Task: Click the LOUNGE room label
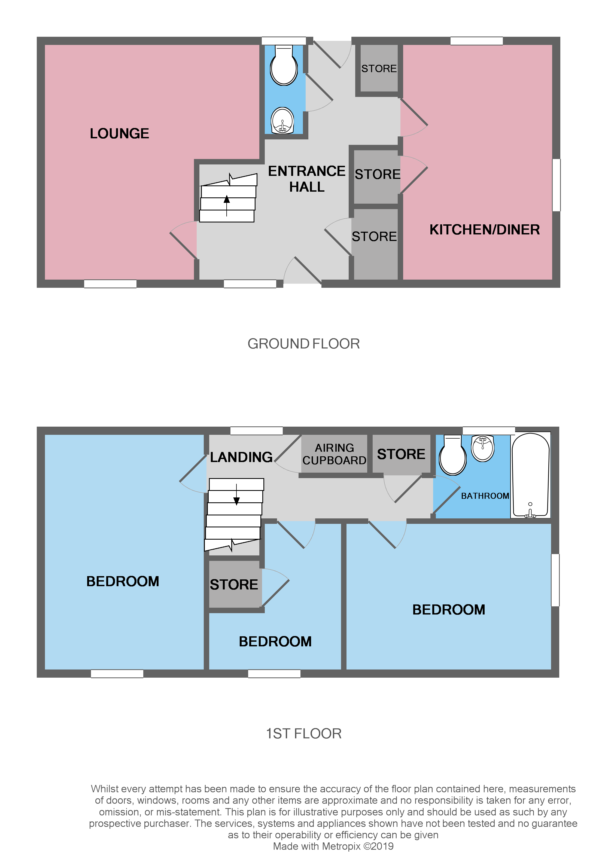pos(119,134)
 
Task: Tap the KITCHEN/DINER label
pos(484,230)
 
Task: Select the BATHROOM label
pos(485,496)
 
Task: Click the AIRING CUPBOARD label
pos(334,454)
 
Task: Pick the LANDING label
pos(241,457)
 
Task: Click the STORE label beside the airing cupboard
pos(401,454)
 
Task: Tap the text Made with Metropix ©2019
pos(333,846)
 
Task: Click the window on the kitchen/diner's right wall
pos(556,185)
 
